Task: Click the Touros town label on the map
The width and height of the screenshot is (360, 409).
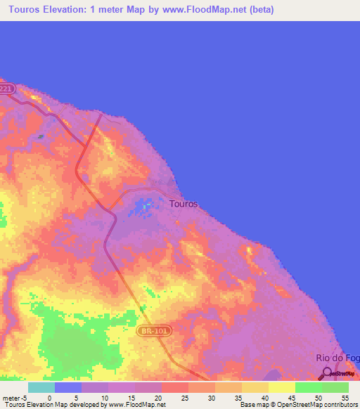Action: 184,204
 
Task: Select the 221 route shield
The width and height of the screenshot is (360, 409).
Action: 6,89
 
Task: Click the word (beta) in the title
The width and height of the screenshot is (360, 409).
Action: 258,10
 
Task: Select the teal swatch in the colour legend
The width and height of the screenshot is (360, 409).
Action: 41,387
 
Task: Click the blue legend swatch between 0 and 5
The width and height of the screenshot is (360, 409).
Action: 68,387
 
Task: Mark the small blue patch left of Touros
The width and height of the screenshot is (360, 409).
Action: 144,207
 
